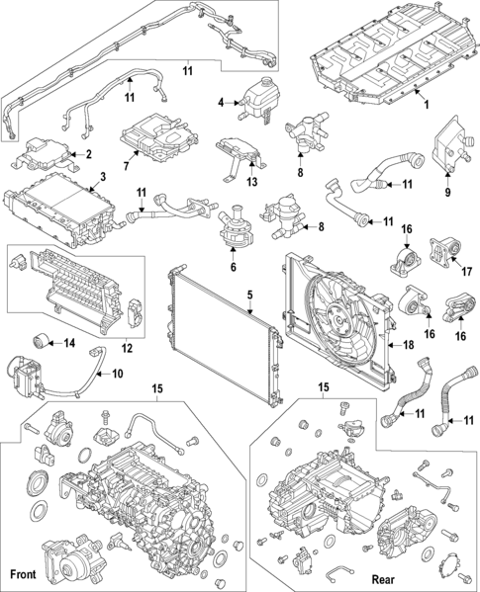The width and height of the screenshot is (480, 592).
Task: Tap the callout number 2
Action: [88, 154]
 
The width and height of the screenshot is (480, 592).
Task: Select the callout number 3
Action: [102, 178]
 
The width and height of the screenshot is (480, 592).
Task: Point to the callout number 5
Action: [250, 294]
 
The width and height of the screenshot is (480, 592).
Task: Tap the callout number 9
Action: [446, 192]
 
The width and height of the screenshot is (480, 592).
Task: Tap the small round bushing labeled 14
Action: [43, 342]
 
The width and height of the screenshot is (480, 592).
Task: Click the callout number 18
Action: [407, 345]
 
